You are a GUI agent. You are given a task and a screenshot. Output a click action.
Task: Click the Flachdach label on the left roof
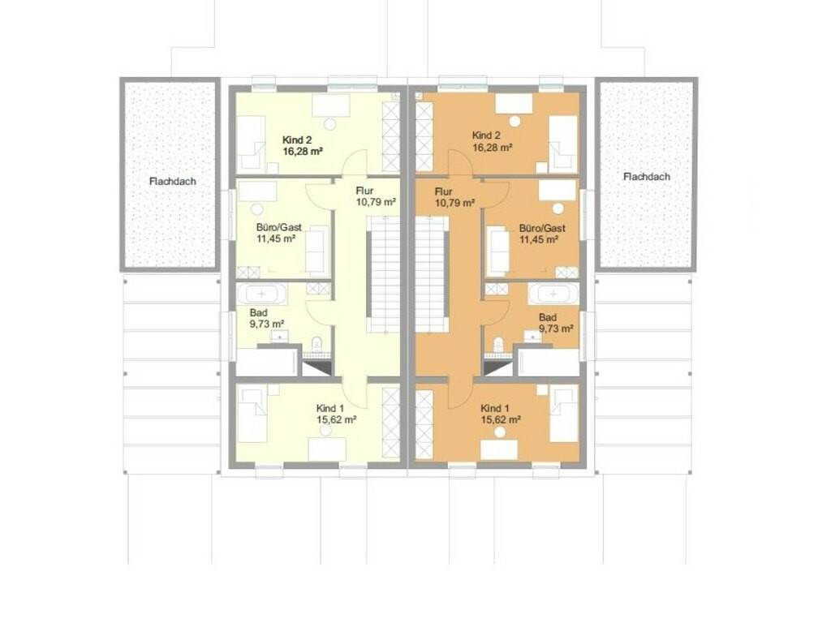(x=173, y=181)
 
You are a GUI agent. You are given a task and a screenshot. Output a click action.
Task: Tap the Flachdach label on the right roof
(x=647, y=176)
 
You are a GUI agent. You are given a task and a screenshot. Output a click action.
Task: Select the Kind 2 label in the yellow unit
(x=297, y=140)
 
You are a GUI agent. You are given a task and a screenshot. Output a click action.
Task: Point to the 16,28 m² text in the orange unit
(x=492, y=148)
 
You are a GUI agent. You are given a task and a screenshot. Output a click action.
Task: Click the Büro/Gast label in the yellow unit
(x=279, y=227)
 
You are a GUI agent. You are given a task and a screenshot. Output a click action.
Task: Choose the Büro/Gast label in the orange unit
(x=542, y=228)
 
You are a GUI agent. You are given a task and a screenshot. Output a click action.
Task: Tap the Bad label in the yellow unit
(x=259, y=313)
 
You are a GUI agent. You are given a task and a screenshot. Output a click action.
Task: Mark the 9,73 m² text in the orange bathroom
(x=556, y=329)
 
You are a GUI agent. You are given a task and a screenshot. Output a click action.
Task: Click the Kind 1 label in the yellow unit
(x=330, y=409)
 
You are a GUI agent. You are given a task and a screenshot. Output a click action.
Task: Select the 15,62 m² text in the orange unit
(x=500, y=419)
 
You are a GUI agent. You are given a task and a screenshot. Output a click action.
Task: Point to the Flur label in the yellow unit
(x=364, y=191)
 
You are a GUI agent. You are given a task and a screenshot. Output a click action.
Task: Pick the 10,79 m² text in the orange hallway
(x=454, y=203)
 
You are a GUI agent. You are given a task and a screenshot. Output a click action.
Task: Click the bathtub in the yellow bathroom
(x=262, y=293)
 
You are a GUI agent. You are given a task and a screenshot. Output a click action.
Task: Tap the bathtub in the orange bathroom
(x=553, y=293)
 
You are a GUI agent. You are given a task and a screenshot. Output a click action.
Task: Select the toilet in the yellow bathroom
(x=317, y=344)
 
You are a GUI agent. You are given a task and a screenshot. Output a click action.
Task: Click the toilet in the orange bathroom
(x=498, y=344)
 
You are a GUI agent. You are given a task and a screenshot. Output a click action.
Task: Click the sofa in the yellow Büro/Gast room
(x=318, y=250)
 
